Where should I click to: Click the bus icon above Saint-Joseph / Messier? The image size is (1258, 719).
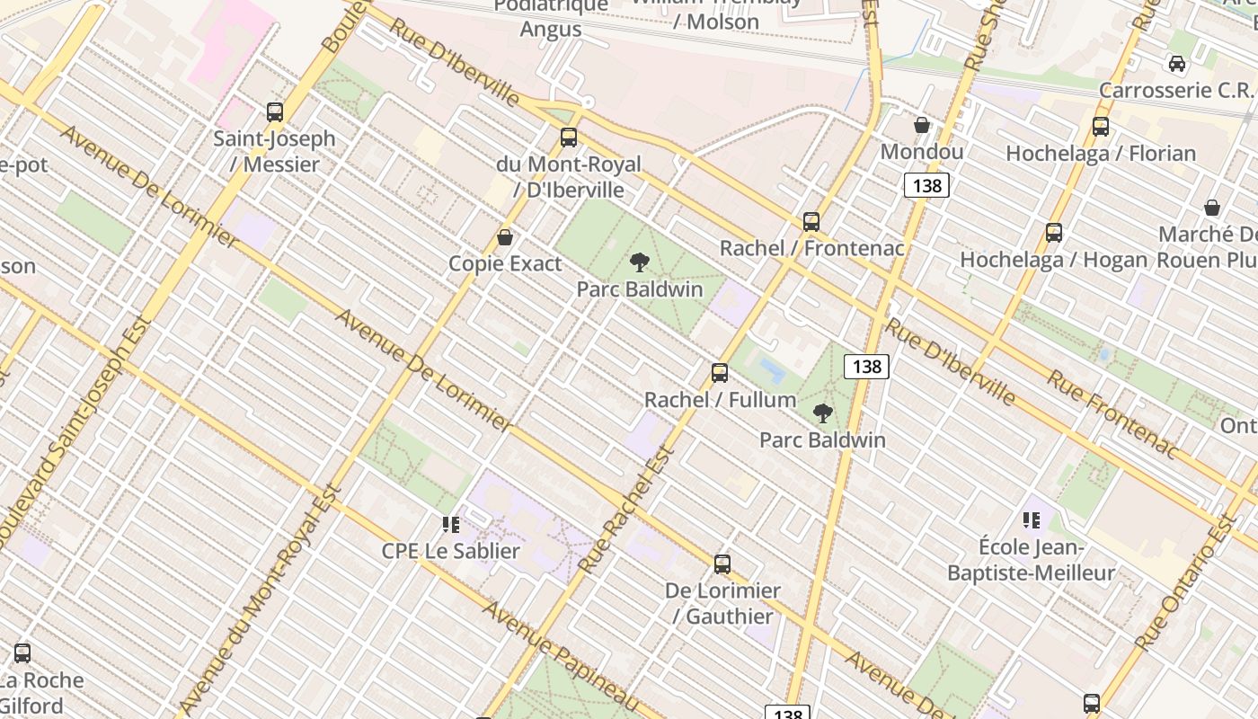coord(275,112)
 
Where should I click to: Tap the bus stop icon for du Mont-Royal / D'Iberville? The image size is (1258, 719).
coord(569,138)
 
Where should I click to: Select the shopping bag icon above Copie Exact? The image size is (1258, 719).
coord(505,237)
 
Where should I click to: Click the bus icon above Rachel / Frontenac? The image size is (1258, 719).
coord(811,221)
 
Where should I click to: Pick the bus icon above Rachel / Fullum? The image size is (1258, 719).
coord(720,372)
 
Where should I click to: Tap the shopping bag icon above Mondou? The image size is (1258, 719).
coord(922,125)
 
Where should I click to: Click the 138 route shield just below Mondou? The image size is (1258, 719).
coord(926,186)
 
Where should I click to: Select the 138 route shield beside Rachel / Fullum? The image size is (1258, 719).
coord(866,366)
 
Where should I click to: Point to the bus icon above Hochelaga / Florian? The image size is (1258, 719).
coord(1101,127)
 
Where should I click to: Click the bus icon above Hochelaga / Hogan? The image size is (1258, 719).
coord(1054,233)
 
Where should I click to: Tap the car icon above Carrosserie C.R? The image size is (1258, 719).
coord(1176,64)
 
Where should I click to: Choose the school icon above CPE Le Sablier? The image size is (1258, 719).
coord(450,524)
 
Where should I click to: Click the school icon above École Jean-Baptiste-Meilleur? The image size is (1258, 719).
coord(1032,519)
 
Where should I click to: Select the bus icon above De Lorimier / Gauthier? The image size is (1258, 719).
coord(722,564)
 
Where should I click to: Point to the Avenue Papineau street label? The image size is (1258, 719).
coord(563,656)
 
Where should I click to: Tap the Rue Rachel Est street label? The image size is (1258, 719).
coord(627,513)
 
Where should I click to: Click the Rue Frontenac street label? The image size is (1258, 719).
coord(1112,413)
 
